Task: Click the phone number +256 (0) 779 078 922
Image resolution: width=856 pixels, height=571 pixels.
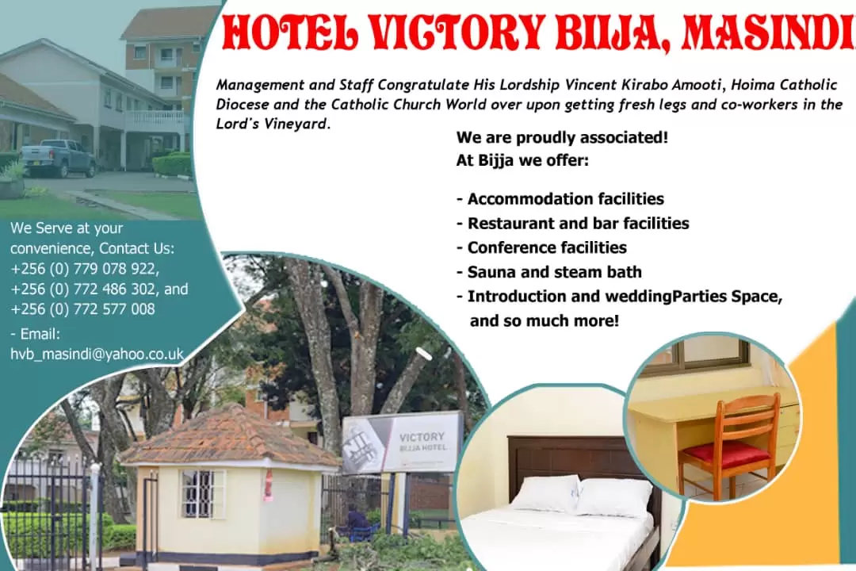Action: coord(85,269)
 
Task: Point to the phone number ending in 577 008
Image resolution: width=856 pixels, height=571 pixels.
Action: coord(82,309)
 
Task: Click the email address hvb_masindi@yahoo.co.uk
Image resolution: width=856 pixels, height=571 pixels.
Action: coord(97,354)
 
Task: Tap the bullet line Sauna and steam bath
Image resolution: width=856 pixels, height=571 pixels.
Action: coord(549,271)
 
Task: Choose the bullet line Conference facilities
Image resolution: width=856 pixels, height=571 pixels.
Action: coord(541,247)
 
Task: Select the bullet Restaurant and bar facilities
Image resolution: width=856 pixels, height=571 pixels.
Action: coord(573,223)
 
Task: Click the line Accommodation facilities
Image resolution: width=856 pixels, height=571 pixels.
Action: coord(560,199)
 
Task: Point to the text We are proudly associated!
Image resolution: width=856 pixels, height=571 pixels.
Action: coord(562,137)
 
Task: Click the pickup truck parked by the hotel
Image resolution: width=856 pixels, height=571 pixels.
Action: coord(59,158)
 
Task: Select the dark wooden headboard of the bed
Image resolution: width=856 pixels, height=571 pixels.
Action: coord(579,459)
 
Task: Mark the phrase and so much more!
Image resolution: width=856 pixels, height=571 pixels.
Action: coord(545,320)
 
